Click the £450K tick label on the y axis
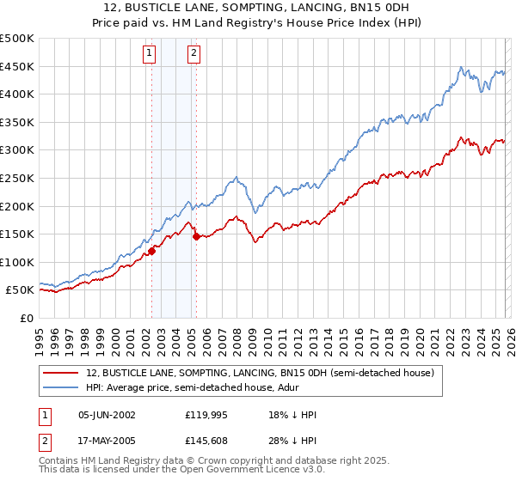pyautogui.click(x=17, y=67)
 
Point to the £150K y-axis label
pyautogui.click(x=17, y=234)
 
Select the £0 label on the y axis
pyautogui.click(x=27, y=318)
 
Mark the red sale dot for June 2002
pyautogui.click(x=152, y=251)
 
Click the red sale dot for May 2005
pyautogui.click(x=196, y=236)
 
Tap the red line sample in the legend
pyautogui.click(x=61, y=374)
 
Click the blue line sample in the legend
pyautogui.click(x=61, y=388)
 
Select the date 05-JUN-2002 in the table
pyautogui.click(x=107, y=415)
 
